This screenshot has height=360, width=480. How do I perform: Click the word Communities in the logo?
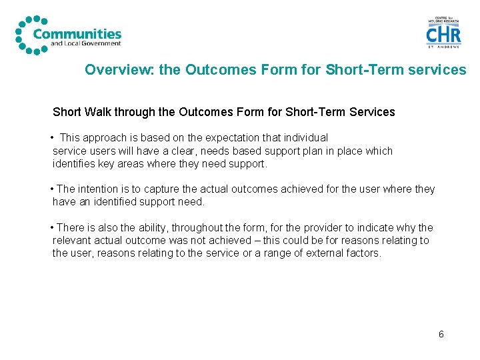point(77,33)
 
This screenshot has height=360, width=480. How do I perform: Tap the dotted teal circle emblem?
point(27,35)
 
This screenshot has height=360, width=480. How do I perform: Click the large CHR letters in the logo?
point(443,33)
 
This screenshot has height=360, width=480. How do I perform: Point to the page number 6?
point(441,334)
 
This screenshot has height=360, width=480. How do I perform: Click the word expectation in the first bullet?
point(227,138)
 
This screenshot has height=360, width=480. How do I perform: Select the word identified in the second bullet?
point(110,202)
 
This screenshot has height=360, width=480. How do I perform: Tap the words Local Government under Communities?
point(93,44)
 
